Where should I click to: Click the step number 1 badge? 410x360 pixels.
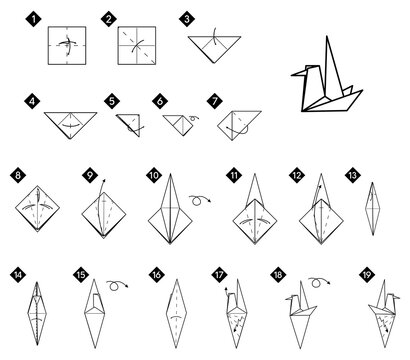tap(35, 18)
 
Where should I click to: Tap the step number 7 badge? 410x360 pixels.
tap(214, 100)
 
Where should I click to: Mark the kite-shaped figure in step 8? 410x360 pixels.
tap(39, 211)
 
